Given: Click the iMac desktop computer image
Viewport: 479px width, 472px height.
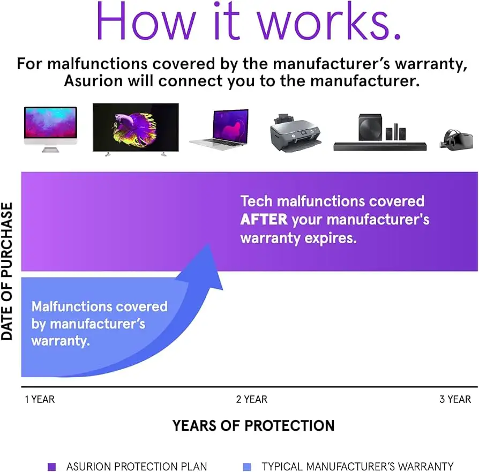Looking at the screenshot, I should pos(50,129).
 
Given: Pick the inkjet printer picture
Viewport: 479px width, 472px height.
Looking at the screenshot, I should pos(295,132).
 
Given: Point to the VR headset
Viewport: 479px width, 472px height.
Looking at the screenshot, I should pos(456,139).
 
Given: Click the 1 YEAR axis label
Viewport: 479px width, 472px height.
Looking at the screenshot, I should pos(40,399).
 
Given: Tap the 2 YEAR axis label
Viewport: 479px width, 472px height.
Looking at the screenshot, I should pos(252,399).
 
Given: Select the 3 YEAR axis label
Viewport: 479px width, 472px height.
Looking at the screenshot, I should pos(455,399).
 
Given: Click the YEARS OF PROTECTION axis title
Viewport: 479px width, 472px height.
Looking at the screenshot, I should pos(253,426).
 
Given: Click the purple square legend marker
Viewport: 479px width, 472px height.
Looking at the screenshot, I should pos(51,467).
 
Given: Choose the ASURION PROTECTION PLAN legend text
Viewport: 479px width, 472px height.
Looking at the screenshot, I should pos(137,467).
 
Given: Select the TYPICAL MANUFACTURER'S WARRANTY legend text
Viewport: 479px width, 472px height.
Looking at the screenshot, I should pos(357,467).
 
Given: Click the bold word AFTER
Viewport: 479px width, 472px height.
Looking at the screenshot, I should pos(264,220).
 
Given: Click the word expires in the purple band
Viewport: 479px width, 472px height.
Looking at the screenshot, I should pos(331,238).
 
